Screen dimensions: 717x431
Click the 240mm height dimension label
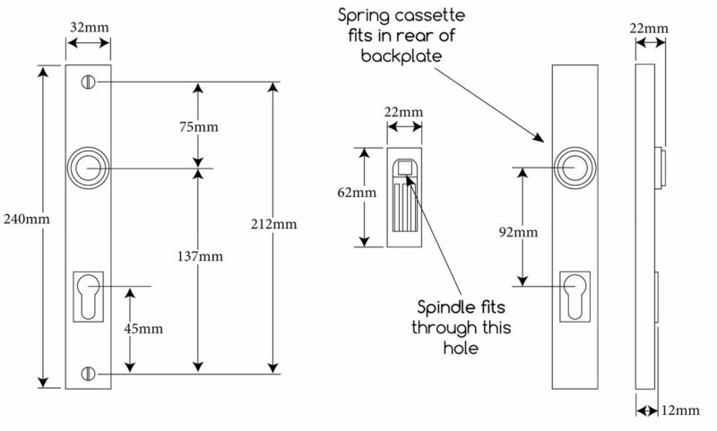(27, 219)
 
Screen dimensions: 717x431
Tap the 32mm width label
(89, 28)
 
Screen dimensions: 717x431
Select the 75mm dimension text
(198, 126)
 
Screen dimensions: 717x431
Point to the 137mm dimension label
(200, 256)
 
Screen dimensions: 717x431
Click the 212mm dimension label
(273, 224)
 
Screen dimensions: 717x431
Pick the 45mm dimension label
(143, 329)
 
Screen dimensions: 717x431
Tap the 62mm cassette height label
(357, 193)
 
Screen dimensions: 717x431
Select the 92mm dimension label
(518, 232)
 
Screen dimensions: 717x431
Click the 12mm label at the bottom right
(680, 410)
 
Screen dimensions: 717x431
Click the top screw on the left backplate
(88, 82)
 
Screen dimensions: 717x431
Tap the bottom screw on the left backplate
(88, 374)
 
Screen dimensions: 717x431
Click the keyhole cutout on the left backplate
(88, 297)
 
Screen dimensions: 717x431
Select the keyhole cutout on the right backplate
(574, 297)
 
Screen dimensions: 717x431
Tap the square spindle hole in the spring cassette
(404, 168)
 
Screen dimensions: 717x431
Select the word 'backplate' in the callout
(402, 56)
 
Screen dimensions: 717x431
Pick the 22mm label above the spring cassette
(403, 112)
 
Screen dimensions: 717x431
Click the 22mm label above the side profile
(649, 29)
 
